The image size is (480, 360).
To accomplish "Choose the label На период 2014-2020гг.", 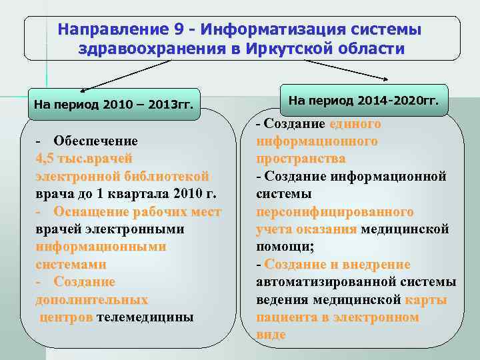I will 364,100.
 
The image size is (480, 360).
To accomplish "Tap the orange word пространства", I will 301,159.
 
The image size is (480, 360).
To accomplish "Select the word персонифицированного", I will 335,211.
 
